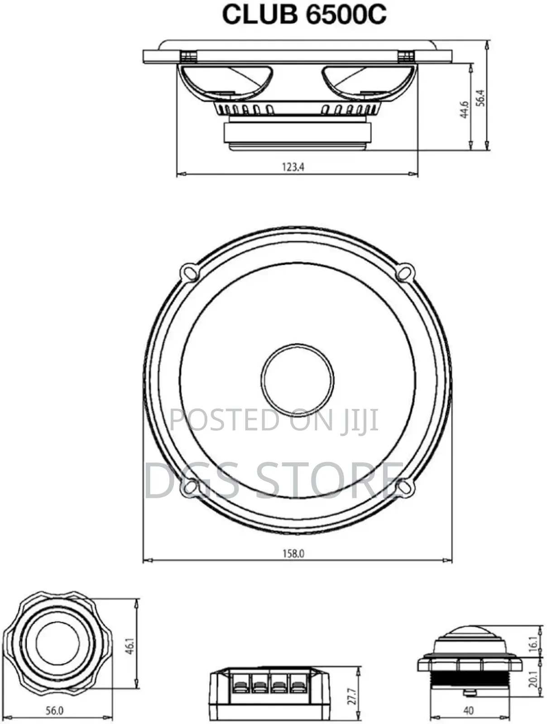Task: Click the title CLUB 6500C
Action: click(304, 15)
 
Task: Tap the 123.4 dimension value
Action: click(293, 167)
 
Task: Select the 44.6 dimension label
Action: click(464, 110)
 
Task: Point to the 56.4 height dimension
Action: click(481, 98)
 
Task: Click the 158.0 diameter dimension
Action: click(293, 554)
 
